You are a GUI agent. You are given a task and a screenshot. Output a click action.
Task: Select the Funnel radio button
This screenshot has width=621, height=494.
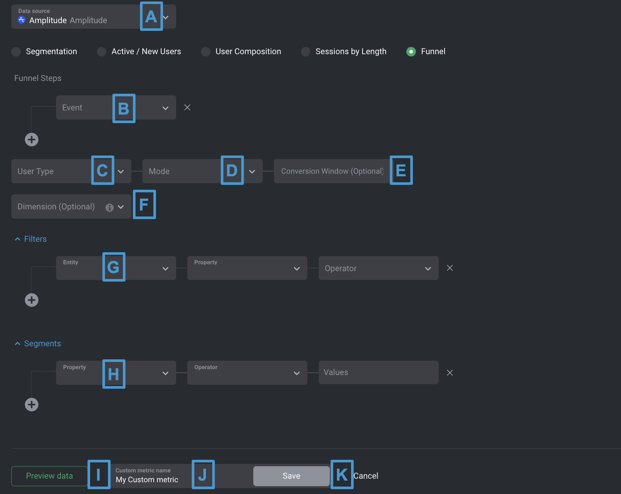click(411, 52)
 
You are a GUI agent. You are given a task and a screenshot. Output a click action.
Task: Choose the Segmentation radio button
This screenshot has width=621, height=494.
click(16, 52)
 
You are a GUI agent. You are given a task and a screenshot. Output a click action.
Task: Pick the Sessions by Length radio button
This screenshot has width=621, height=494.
click(306, 52)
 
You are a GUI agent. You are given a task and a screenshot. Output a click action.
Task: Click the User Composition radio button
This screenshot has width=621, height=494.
click(206, 52)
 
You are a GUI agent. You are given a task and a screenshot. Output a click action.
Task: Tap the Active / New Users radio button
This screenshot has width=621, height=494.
click(102, 52)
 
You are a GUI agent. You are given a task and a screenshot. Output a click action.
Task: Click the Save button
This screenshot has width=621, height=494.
click(291, 476)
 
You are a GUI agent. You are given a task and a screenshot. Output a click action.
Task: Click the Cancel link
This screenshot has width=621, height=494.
click(366, 476)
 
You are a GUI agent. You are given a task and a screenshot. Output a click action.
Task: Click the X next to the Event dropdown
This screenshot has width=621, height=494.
click(187, 108)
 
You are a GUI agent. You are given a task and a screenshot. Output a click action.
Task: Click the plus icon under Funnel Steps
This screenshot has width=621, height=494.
click(32, 139)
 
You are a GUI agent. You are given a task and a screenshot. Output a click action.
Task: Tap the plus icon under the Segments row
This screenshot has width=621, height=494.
click(32, 404)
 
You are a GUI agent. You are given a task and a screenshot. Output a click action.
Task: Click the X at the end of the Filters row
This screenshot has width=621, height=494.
click(450, 268)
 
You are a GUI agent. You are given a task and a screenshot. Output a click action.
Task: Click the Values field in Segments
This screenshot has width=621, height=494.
click(378, 372)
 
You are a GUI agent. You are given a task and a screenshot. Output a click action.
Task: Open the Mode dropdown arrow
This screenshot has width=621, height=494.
click(252, 171)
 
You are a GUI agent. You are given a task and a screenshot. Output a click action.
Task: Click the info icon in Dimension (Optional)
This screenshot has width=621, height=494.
click(109, 208)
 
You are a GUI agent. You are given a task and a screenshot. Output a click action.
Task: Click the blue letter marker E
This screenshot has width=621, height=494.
click(401, 170)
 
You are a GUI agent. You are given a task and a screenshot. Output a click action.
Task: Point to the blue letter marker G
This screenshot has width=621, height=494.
click(114, 267)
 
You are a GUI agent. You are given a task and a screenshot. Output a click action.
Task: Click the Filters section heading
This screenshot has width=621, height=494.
click(35, 239)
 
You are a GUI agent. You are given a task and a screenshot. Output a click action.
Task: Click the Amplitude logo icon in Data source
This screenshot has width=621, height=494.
click(22, 20)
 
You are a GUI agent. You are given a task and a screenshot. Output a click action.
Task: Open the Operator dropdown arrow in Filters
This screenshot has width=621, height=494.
click(428, 269)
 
